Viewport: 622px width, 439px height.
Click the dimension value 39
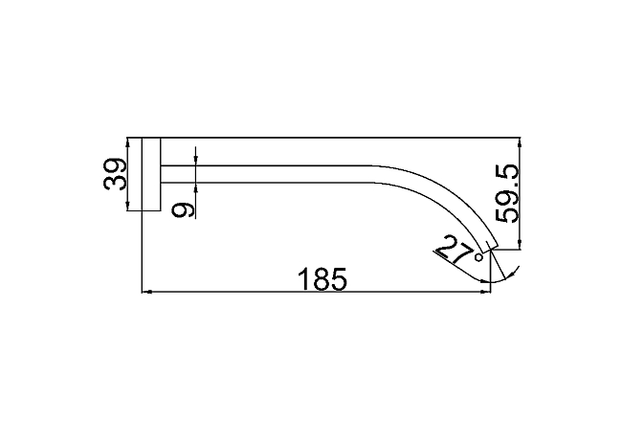115,174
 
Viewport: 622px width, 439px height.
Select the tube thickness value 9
184,209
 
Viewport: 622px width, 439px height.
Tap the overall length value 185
322,278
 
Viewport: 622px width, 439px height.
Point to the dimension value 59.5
507,193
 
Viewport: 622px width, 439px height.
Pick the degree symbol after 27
478,258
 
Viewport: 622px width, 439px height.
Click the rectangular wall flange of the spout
151,174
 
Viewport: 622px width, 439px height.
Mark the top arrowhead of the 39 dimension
127,142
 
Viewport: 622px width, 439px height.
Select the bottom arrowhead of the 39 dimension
127,207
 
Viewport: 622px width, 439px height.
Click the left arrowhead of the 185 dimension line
146,293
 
